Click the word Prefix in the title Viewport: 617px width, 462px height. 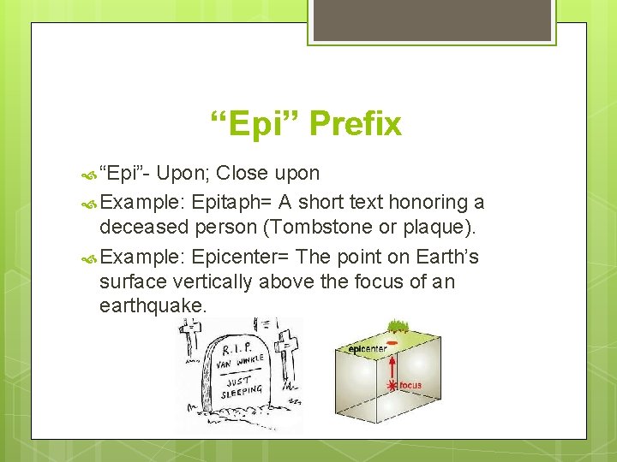coord(355,125)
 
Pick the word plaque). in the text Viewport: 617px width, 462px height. coord(448,228)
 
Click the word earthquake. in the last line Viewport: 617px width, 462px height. coord(153,305)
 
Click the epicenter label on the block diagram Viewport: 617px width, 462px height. coord(366,349)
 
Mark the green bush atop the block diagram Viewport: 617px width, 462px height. coord(397,326)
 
